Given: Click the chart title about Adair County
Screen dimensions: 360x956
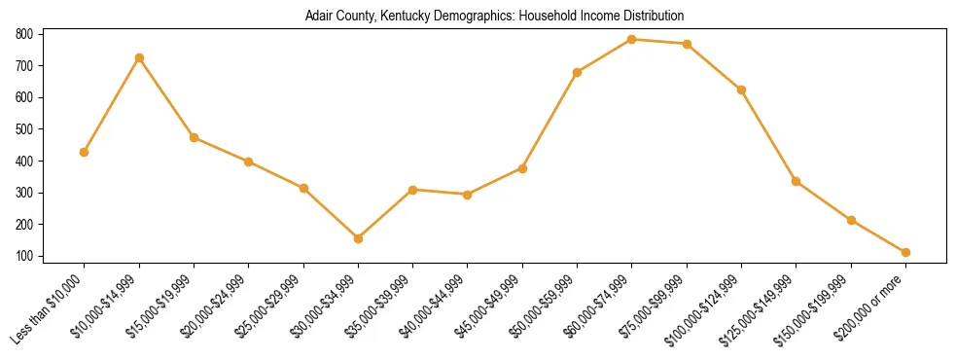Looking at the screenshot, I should (494, 16).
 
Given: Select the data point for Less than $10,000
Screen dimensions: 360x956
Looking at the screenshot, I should (85, 152).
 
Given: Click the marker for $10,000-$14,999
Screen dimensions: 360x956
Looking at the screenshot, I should (139, 57).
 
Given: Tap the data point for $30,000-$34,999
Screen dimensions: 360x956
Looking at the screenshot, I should (359, 238).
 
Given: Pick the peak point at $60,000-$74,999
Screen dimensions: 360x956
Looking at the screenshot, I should (632, 39).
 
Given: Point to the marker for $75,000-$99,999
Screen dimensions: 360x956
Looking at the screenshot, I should (687, 44).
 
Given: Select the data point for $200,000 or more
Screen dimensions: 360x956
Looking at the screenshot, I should (905, 252).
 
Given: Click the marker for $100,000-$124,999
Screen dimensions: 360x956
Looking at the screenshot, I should (741, 90).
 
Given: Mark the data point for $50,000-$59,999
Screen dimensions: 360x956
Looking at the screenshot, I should (578, 72).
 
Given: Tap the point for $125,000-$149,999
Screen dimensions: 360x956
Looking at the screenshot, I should (797, 181).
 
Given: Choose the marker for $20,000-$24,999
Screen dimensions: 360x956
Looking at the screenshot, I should (249, 162).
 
